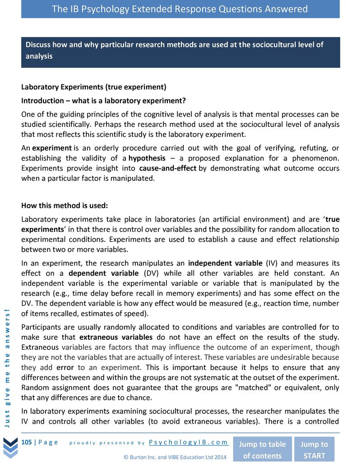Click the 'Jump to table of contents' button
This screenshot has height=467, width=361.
tap(262, 449)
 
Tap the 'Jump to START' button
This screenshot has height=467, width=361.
tap(314, 449)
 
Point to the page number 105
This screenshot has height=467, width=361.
tap(27, 442)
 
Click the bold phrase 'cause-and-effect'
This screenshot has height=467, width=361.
tap(168, 168)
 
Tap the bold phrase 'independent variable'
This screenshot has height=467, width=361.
tap(225, 263)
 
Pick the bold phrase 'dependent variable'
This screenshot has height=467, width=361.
tap(103, 273)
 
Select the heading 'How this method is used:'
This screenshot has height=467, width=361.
tap(65, 206)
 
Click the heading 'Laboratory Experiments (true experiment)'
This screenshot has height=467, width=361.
tap(94, 87)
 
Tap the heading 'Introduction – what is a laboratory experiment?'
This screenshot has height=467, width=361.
tap(103, 100)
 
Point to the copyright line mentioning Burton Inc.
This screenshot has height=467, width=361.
tap(175, 457)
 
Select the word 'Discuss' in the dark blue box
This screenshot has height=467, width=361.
tap(38, 45)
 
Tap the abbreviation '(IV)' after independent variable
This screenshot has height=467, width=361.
tap(272, 263)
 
